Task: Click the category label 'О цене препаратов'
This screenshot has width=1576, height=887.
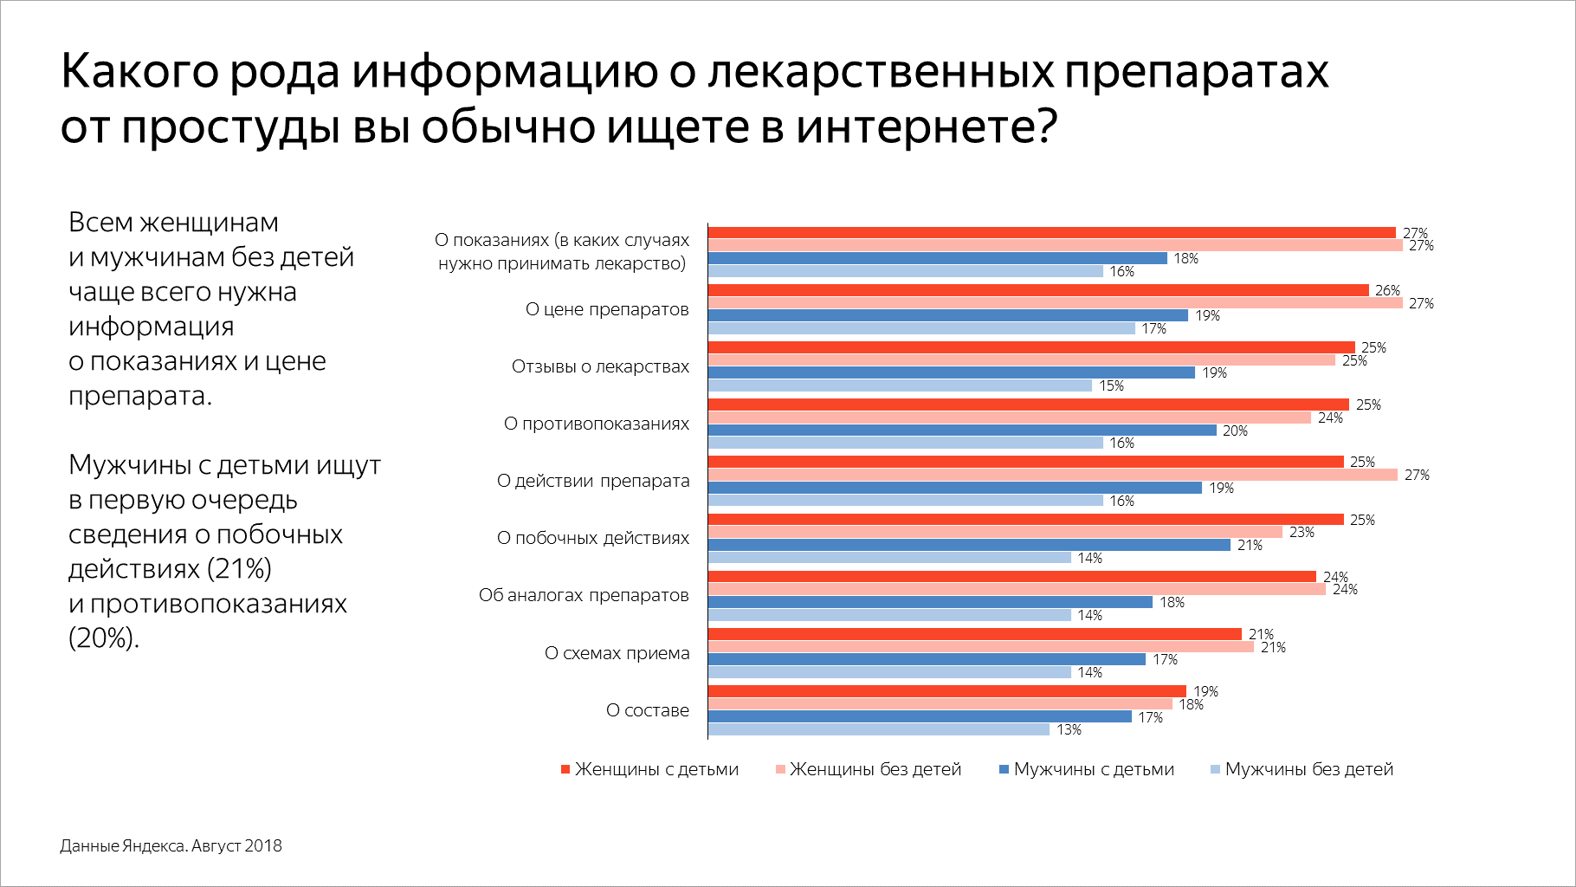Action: pyautogui.click(x=607, y=309)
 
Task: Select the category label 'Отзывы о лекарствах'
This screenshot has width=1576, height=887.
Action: pyautogui.click(x=600, y=366)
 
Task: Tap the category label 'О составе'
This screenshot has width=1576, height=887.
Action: pyautogui.click(x=648, y=710)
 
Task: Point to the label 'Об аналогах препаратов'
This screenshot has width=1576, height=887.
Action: pyautogui.click(x=584, y=595)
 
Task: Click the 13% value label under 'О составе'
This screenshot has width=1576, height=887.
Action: pyautogui.click(x=1069, y=729)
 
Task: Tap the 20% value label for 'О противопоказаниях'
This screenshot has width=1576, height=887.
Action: pyautogui.click(x=1235, y=431)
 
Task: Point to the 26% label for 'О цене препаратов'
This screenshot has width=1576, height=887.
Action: pyautogui.click(x=1387, y=290)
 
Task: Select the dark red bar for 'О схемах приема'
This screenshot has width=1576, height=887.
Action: pyautogui.click(x=974, y=634)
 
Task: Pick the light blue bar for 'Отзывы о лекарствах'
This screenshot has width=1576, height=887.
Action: pyautogui.click(x=900, y=385)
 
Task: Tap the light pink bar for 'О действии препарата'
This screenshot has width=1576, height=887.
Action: pyautogui.click(x=1052, y=475)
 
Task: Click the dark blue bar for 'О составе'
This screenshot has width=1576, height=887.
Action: pyautogui.click(x=920, y=716)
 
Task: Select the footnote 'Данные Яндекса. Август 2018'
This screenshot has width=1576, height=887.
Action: pyautogui.click(x=171, y=845)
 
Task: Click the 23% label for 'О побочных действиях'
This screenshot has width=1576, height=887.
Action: pyautogui.click(x=1301, y=532)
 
